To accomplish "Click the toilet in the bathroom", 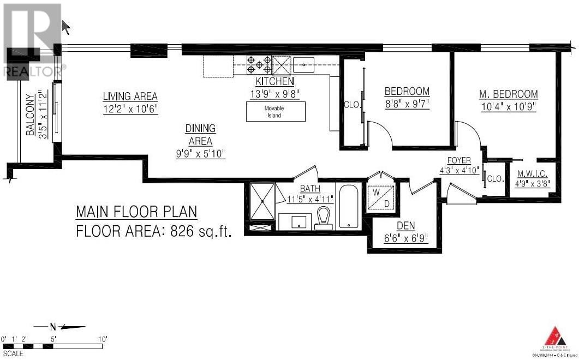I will pyautogui.click(x=325, y=217).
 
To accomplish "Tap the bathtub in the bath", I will pyautogui.click(x=348, y=207).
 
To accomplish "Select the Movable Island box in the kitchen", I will pyautogui.click(x=276, y=112).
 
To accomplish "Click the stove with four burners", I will pyautogui.click(x=259, y=65).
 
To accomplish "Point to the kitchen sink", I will pyautogui.click(x=304, y=65).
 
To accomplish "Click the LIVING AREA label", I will pyautogui.click(x=130, y=97).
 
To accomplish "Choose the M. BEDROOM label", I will pyautogui.click(x=508, y=94).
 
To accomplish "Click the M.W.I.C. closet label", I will pyautogui.click(x=533, y=174).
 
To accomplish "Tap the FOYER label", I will pyautogui.click(x=458, y=160).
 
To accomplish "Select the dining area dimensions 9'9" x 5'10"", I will pyautogui.click(x=200, y=154).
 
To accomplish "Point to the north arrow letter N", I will pyautogui.click(x=53, y=327).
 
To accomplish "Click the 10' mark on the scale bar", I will pyautogui.click(x=103, y=339).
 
